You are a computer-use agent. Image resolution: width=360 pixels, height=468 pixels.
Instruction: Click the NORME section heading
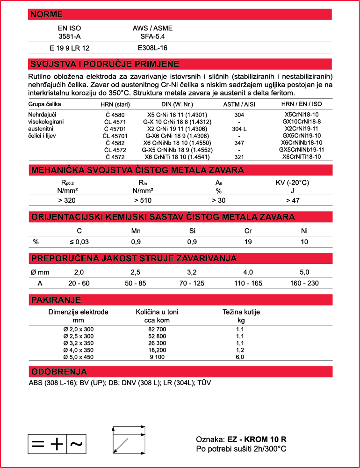(46, 15)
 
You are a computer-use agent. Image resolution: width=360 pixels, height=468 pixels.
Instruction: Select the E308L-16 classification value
(152, 48)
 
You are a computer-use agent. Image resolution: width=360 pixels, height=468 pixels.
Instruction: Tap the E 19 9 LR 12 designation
(69, 48)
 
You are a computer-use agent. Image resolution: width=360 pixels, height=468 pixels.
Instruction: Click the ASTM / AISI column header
(239, 104)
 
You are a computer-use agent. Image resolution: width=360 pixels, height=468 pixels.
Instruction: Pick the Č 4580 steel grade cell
(115, 115)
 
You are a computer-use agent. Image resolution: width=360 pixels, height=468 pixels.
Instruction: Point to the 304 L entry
(239, 129)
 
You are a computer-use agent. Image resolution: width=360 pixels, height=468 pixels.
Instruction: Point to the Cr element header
(248, 230)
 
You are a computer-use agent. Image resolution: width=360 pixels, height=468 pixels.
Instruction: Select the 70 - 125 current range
(192, 284)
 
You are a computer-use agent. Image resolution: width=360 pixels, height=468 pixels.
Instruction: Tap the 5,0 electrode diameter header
(304, 272)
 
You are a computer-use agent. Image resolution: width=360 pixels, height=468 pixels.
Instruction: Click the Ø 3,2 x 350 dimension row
(78, 343)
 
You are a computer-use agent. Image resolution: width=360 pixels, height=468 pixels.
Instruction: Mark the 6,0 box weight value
(240, 357)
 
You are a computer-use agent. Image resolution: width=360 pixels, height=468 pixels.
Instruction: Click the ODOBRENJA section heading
(59, 372)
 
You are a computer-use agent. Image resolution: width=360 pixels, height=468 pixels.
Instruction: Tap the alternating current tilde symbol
(76, 444)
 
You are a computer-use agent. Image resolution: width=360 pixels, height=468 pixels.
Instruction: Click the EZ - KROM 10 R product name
(257, 439)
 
